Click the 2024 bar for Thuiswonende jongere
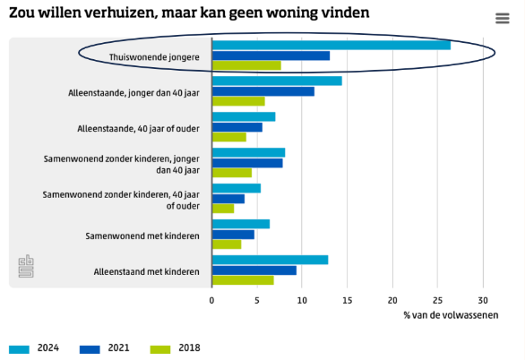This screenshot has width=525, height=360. click(x=331, y=45)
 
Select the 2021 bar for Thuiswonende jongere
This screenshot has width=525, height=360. click(x=271, y=56)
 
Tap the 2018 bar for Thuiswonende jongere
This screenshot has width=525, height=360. click(x=246, y=65)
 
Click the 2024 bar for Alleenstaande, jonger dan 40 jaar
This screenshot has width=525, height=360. click(x=277, y=81)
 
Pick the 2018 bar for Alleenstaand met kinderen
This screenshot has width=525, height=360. click(x=243, y=280)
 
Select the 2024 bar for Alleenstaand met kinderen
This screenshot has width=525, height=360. click(x=270, y=260)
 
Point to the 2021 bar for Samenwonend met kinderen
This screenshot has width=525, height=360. click(x=233, y=235)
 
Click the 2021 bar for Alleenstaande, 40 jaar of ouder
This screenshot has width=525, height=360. click(x=237, y=127)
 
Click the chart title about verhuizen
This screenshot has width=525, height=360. click(x=188, y=13)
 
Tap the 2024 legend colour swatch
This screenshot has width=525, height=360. click(x=20, y=348)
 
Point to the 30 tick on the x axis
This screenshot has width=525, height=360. click(x=483, y=300)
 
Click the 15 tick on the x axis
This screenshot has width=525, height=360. click(x=348, y=300)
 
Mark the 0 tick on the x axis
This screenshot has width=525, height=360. click(x=212, y=300)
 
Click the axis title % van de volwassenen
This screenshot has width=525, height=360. click(x=451, y=315)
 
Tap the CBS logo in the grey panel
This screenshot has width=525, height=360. click(x=27, y=266)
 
